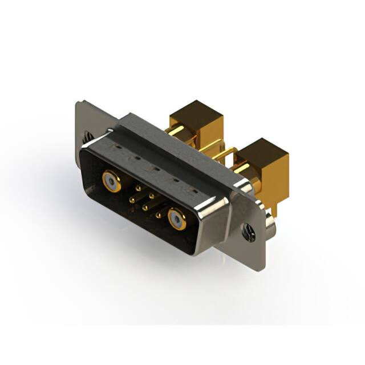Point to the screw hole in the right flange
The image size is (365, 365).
click(248, 231)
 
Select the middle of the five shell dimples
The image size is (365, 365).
click(153, 168)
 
